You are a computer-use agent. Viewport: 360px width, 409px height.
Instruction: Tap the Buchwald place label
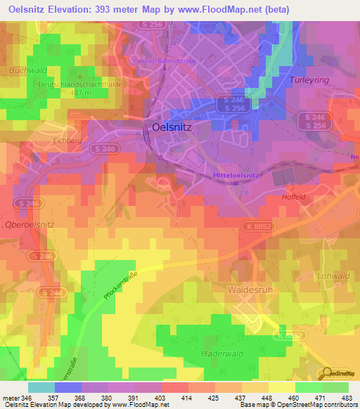(27, 71)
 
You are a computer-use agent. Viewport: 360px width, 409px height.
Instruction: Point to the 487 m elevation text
(81, 92)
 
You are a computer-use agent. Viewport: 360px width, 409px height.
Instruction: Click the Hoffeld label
(293, 197)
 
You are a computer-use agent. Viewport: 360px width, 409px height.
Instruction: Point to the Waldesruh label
(250, 289)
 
